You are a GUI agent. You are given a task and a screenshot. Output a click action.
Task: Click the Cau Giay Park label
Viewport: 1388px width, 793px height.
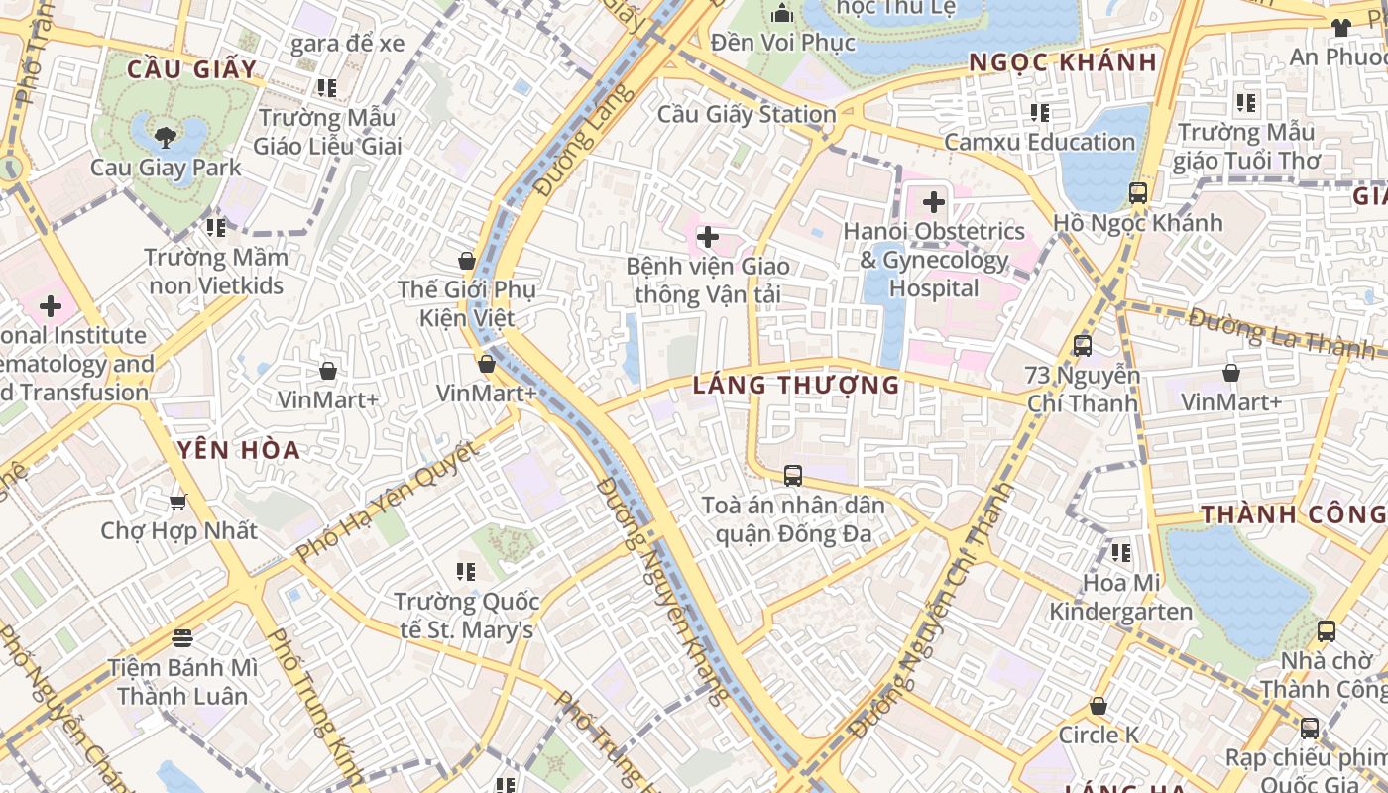click(166, 167)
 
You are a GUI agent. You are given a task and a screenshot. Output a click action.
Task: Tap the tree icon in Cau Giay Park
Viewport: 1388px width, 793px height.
click(166, 136)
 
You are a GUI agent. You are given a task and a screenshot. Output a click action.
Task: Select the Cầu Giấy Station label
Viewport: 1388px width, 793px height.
click(747, 114)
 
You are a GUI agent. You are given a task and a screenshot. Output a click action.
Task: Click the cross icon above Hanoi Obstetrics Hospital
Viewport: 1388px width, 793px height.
click(933, 202)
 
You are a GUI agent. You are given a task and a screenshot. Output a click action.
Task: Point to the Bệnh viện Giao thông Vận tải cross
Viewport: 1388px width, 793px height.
click(708, 237)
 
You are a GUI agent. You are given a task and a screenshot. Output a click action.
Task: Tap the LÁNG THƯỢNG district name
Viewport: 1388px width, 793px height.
click(796, 385)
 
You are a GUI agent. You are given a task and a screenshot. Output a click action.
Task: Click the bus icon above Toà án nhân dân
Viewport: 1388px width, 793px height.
click(793, 475)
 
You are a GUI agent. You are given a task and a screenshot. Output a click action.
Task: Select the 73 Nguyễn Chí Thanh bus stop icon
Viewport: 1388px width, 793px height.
click(1083, 346)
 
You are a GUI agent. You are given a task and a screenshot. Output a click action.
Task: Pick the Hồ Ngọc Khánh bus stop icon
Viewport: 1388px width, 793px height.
click(1138, 193)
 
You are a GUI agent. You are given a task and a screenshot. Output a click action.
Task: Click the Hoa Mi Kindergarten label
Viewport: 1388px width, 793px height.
click(1121, 597)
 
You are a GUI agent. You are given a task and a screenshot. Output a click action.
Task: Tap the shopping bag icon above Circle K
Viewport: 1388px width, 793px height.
click(1098, 706)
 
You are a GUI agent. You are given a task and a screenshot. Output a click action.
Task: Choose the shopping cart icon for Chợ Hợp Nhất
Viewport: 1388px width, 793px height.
click(178, 502)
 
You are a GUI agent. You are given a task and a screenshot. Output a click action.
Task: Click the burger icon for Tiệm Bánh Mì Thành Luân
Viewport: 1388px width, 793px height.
click(182, 637)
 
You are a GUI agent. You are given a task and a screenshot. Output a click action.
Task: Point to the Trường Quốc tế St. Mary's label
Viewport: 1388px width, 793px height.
click(466, 616)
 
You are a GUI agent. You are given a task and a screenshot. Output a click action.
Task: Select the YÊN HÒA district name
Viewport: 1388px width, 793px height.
click(239, 450)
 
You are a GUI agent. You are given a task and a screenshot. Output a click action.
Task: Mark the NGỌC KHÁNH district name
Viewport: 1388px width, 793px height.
click(1063, 62)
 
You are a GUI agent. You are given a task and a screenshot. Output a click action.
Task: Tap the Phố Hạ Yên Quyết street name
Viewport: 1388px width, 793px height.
click(388, 501)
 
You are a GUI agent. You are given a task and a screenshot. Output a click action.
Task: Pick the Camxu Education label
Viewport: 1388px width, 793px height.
click(1039, 142)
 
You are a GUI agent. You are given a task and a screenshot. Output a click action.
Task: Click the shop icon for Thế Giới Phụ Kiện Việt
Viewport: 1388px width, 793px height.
click(467, 261)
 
